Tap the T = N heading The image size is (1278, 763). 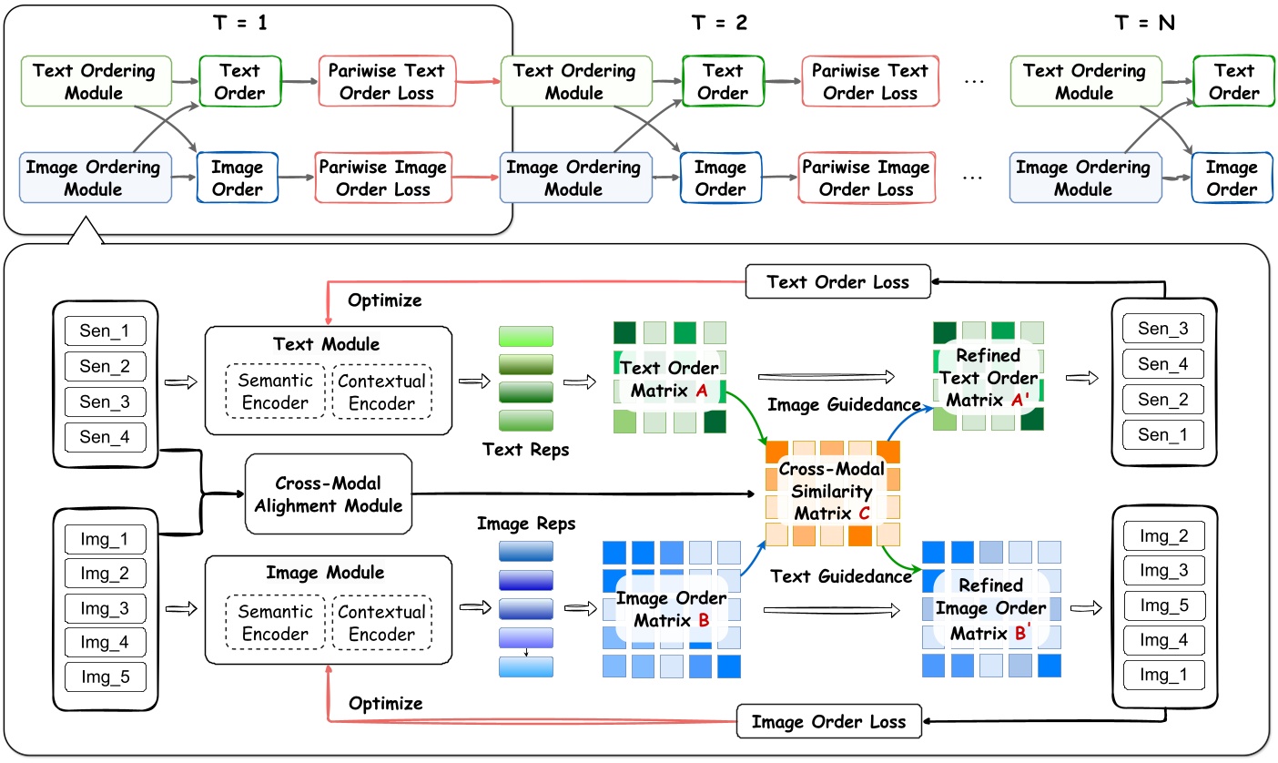tap(1145, 23)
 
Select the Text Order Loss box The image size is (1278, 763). tap(837, 281)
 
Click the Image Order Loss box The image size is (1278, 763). tap(827, 721)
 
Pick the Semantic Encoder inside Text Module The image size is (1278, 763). tap(275, 392)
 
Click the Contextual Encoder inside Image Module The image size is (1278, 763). tap(381, 623)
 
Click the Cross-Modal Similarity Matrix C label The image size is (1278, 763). tap(832, 493)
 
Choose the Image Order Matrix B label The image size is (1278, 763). tap(671, 610)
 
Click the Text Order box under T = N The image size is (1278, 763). tap(1234, 81)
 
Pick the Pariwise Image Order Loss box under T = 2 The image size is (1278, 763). tap(865, 178)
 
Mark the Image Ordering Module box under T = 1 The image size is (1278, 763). tap(93, 178)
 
